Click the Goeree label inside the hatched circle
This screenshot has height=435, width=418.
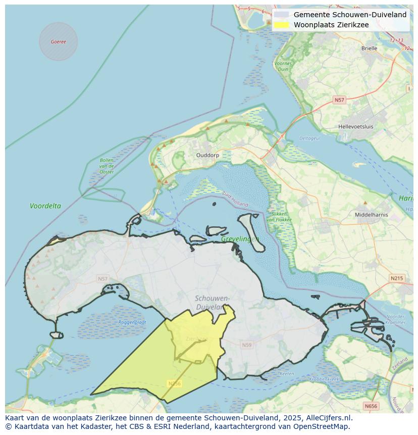59,41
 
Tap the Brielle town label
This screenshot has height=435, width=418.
369,49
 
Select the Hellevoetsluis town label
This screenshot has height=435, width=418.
356,126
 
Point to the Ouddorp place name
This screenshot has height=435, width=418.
207,155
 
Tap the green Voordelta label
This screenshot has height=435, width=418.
45,206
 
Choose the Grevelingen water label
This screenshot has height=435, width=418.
240,239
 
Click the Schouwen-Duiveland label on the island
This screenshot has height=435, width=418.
212,303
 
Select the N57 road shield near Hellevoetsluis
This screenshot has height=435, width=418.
339,100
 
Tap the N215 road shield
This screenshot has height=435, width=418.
397,278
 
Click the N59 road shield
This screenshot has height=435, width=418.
246,345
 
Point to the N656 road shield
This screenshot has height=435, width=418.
371,406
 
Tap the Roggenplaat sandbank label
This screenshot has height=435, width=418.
132,322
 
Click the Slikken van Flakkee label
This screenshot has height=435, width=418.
277,217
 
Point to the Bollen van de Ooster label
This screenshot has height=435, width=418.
107,166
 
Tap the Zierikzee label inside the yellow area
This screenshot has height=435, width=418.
196,339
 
